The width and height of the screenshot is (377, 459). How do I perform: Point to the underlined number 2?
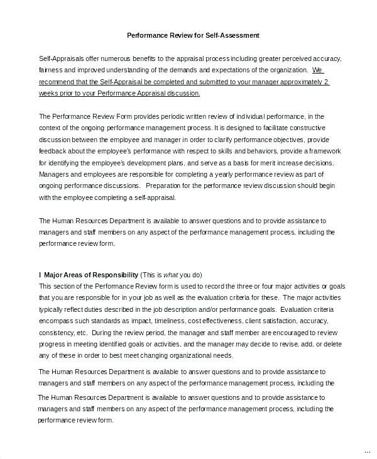click(x=327, y=81)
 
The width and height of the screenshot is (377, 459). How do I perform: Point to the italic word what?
click(x=171, y=275)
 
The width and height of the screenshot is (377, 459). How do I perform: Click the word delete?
click(x=332, y=345)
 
